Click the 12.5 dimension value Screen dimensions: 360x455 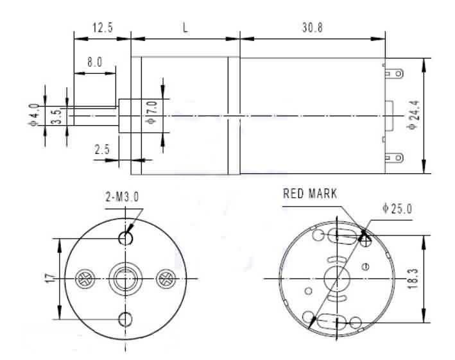[103, 28]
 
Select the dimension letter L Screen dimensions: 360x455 [185, 28]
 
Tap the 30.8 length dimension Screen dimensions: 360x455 [313, 28]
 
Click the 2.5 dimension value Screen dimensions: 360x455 [102, 150]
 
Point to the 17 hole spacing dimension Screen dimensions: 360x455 [49, 279]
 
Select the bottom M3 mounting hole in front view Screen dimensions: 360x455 [125, 319]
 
